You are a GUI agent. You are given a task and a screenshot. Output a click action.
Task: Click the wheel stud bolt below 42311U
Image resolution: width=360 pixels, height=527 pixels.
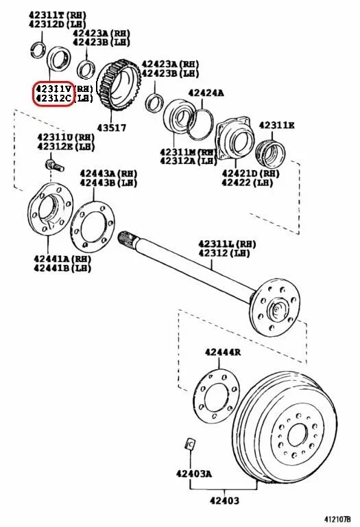pos(53,165)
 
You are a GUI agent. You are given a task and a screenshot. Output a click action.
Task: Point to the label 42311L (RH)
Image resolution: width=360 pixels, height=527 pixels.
pos(228,244)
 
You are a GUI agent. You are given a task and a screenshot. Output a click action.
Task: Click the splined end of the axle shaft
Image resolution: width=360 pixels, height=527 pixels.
pos(127,239)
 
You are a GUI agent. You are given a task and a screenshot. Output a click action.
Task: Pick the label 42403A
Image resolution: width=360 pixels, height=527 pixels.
pos(193,473)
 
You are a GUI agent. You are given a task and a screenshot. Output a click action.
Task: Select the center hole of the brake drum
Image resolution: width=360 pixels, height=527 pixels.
pos(298,434)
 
